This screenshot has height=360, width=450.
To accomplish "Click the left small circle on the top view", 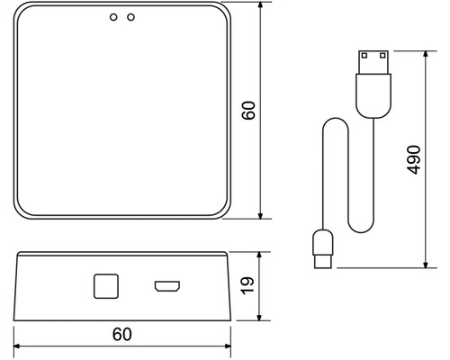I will tap(112, 17).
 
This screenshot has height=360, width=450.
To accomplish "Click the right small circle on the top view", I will tap(131, 17).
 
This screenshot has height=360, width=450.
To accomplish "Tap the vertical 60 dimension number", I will tap(250, 111).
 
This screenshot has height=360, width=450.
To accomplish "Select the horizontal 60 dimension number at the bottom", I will tap(122, 334).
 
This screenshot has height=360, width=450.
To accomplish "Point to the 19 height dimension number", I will tap(250, 286).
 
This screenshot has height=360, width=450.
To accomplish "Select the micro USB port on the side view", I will tap(166, 287).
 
